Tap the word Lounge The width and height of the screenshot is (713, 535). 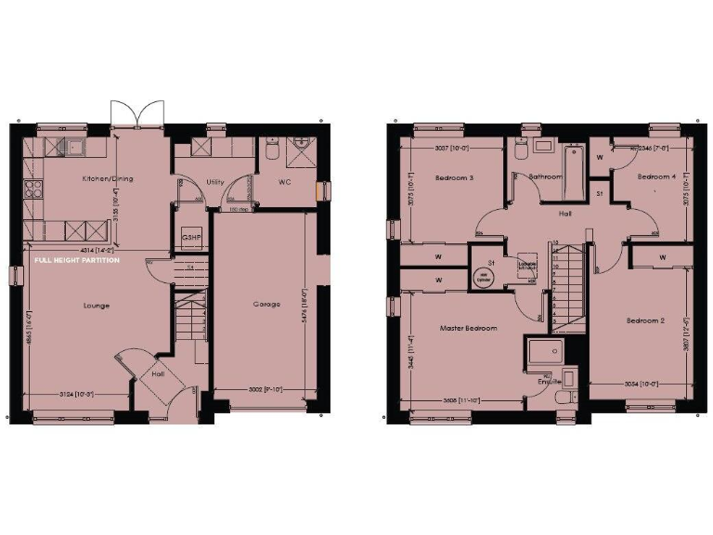click(x=97, y=305)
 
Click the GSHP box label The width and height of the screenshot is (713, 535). click(x=191, y=238)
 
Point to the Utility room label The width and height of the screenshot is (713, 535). click(x=215, y=182)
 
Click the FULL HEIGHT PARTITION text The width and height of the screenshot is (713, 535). click(x=77, y=261)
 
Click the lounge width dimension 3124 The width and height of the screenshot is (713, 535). click(x=77, y=394)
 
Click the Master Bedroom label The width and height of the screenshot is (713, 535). click(x=468, y=328)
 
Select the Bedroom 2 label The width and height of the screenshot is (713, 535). click(x=645, y=320)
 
